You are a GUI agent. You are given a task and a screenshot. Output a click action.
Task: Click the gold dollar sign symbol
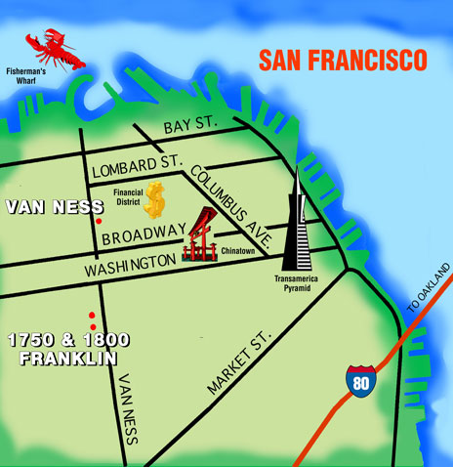pyautogui.click(x=154, y=200)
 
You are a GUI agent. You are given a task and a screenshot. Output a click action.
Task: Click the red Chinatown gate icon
pyautogui.click(x=203, y=236)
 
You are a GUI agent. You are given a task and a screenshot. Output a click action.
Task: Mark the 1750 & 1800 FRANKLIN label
pyautogui.click(x=62, y=349)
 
